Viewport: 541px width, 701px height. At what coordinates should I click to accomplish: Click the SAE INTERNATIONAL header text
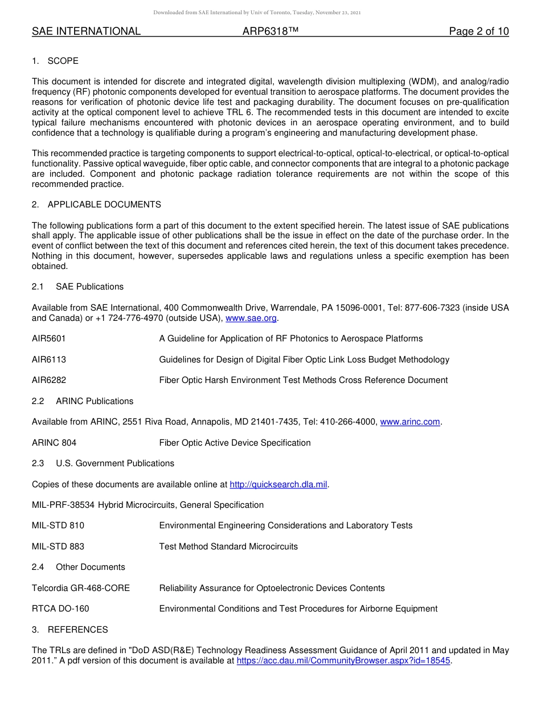pos(86,31)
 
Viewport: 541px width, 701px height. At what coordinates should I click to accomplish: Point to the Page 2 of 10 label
pos(478,31)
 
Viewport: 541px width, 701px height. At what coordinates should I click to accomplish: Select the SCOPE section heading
pos(63,61)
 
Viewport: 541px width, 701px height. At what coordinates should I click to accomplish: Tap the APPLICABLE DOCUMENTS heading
pos(104,205)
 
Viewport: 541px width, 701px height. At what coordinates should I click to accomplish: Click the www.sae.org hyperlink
pos(251,318)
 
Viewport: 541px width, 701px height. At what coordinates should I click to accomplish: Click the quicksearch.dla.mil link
pos(278,484)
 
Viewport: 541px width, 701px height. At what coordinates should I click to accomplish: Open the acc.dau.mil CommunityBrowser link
pos(343,661)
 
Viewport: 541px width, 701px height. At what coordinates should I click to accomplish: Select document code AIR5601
pos(49,339)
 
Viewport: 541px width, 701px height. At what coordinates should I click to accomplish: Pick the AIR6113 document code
pos(49,360)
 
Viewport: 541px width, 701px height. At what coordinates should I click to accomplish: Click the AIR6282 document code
pos(49,380)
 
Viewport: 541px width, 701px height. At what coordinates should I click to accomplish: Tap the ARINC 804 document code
pos(54,443)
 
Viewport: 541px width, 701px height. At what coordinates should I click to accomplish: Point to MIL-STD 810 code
pos(58,525)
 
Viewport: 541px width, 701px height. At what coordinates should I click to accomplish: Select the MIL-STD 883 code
pos(58,547)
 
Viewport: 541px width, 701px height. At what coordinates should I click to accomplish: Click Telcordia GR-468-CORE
pos(81,588)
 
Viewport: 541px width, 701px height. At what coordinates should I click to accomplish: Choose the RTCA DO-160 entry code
pos(60,609)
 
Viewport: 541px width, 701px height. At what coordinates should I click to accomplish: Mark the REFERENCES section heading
pos(77,630)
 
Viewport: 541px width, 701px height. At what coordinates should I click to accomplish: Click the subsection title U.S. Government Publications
pos(115,463)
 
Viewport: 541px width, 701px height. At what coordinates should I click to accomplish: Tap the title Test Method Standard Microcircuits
pos(228,547)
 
